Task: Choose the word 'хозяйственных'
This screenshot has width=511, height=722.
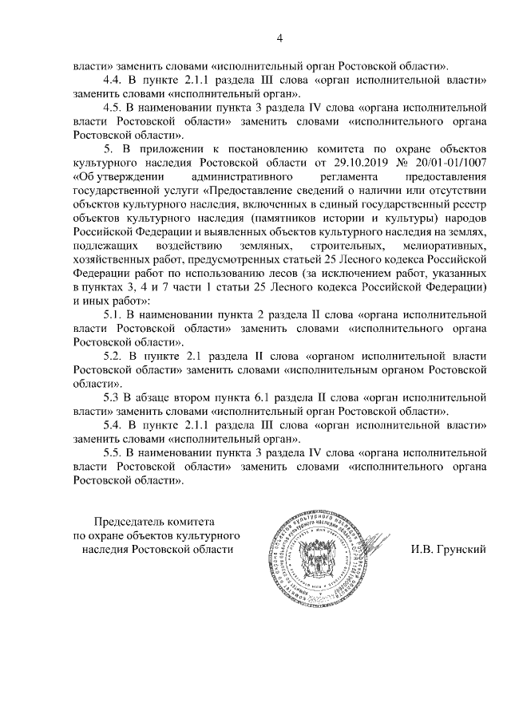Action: coord(112,258)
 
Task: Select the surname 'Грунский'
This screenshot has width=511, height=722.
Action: coord(450,550)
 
